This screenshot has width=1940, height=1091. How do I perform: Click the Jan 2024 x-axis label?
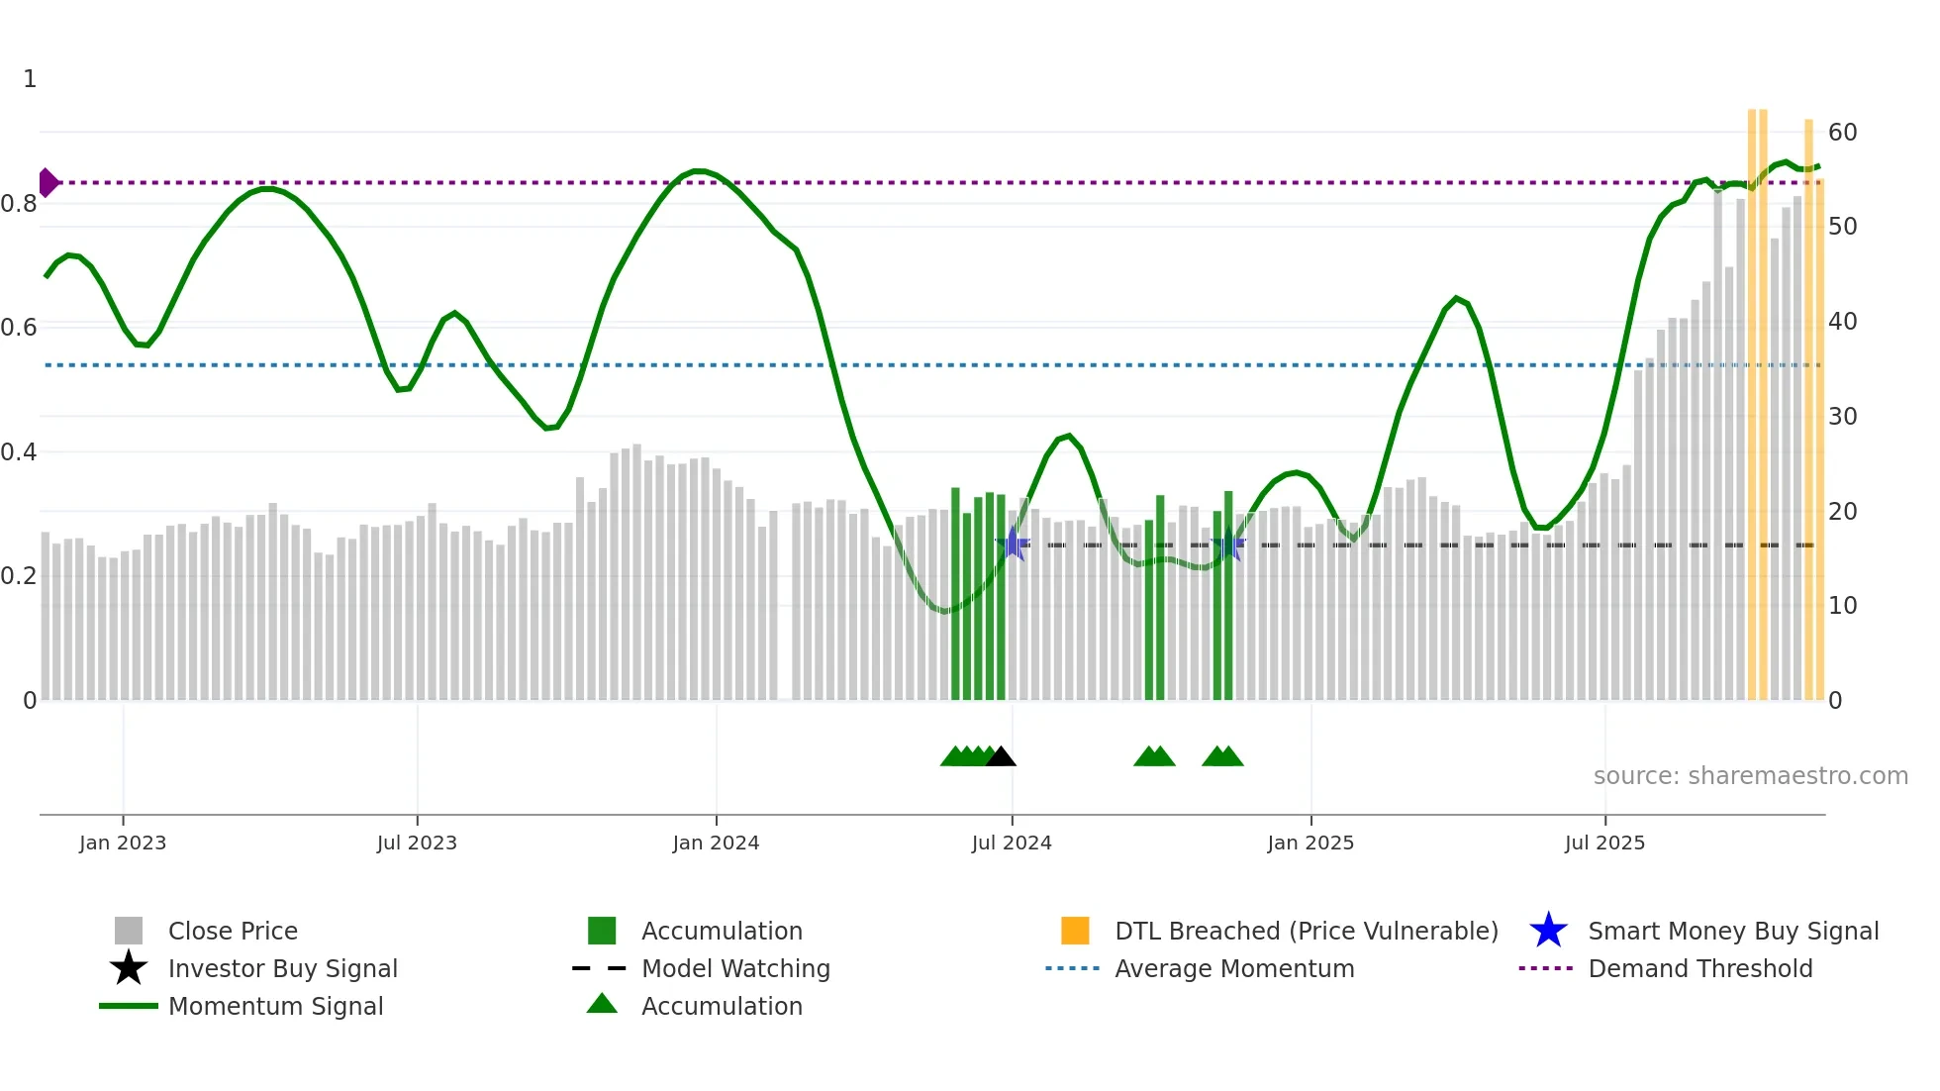click(716, 843)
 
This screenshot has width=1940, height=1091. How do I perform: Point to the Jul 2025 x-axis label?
click(1604, 843)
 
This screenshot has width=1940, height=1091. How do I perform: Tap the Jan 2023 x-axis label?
click(123, 843)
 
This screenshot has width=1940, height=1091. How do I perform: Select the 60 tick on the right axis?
click(1842, 133)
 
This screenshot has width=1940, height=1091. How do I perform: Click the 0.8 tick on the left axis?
click(19, 204)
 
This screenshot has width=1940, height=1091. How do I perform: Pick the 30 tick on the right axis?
click(1842, 417)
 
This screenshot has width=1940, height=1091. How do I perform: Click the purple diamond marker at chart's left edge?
click(48, 182)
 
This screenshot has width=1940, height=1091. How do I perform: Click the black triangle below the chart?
click(1001, 756)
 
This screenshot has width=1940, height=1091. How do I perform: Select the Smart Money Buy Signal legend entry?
click(1732, 931)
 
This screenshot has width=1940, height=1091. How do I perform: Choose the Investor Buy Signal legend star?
click(129, 968)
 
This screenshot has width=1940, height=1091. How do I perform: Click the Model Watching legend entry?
click(734, 968)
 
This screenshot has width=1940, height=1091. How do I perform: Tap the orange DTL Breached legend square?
click(1075, 931)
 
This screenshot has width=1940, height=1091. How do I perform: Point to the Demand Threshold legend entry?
click(1699, 968)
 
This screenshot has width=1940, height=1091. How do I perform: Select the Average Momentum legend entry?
click(1233, 968)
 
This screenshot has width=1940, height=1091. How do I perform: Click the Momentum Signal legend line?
click(129, 1006)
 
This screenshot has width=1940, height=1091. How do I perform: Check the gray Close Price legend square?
click(129, 931)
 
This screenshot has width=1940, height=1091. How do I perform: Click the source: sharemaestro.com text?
click(1750, 775)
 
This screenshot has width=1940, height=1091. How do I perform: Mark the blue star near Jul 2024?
click(1013, 544)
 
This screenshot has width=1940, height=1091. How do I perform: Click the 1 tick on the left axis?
click(30, 79)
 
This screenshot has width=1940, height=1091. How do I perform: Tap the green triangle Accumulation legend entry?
click(602, 1005)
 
